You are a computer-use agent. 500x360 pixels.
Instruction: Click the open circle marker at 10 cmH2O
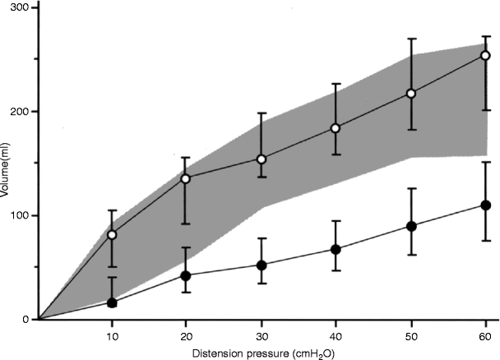coord(112,234)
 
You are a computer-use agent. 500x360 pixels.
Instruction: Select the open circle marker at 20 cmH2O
coord(187,178)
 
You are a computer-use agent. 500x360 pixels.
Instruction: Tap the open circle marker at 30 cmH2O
coord(262,159)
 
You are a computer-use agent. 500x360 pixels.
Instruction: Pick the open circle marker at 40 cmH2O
coord(336,128)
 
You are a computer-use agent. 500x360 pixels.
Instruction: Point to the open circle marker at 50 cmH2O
coord(411,94)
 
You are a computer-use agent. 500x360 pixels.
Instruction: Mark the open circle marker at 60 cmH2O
coord(485,56)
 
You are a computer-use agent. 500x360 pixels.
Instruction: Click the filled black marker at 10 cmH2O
coord(112,302)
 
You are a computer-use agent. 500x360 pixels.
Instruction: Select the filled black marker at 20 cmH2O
coord(187,275)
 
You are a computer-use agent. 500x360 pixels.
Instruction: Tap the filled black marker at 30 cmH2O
coord(262,265)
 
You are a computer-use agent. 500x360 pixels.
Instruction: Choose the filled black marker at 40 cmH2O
coord(336,249)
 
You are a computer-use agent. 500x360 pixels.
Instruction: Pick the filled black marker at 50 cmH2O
coord(411,226)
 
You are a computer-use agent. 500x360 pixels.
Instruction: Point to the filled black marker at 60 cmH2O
coord(485,205)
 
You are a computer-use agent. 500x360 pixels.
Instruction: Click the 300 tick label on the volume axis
coord(19,7)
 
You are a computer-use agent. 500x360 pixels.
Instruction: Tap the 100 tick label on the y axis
coord(19,215)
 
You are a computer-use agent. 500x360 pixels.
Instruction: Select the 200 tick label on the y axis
coord(19,112)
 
